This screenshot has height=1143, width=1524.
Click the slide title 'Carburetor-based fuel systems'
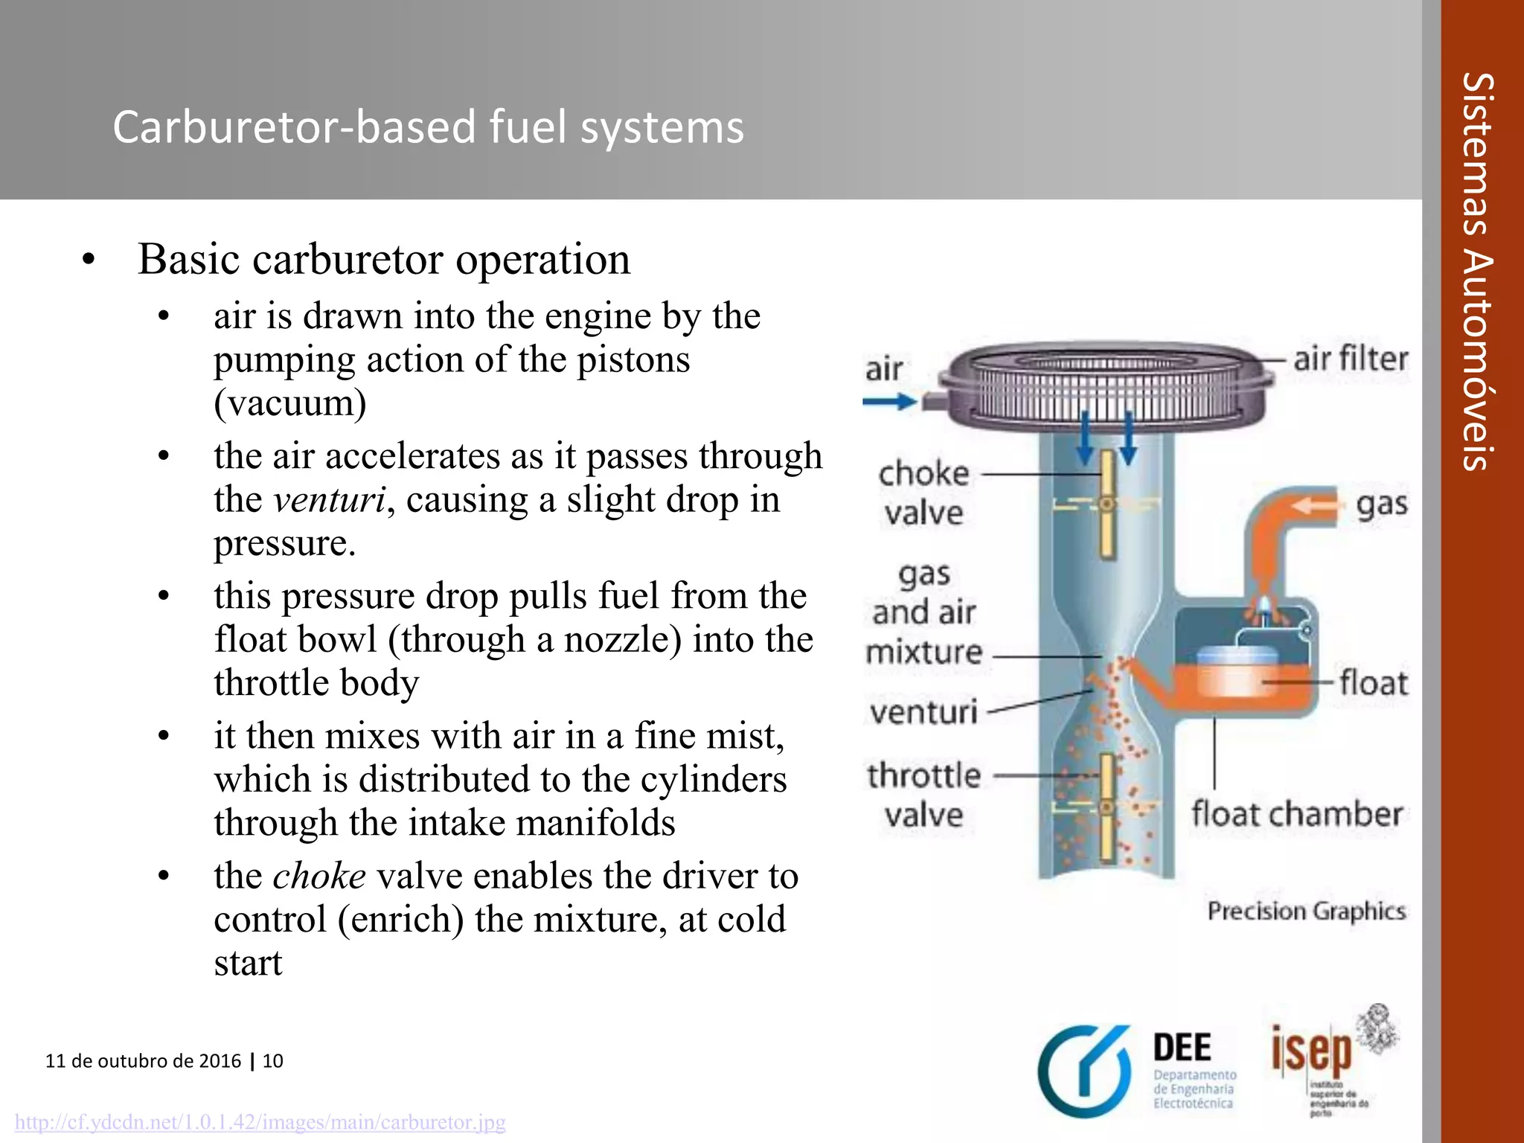pyautogui.click(x=428, y=127)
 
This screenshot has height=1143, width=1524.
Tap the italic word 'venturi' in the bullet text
pyautogui.click(x=329, y=499)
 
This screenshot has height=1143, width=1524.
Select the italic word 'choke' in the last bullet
pyautogui.click(x=319, y=876)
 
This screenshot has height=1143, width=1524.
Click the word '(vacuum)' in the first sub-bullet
pyautogui.click(x=289, y=403)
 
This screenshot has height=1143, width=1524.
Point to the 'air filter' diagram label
pyautogui.click(x=1351, y=359)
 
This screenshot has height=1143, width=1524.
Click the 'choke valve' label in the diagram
pyautogui.click(x=923, y=493)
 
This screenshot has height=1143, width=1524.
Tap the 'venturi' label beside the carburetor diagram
pyautogui.click(x=923, y=712)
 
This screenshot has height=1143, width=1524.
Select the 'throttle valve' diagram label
pyautogui.click(x=923, y=795)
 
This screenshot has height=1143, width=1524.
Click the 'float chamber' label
pyautogui.click(x=1296, y=814)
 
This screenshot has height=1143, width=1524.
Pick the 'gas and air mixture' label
pyautogui.click(x=923, y=612)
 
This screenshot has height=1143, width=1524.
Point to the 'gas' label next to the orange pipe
pyautogui.click(x=1382, y=505)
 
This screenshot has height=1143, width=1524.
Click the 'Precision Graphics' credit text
pyautogui.click(x=1306, y=911)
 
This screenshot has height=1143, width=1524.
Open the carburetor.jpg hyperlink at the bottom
pyautogui.click(x=260, y=1121)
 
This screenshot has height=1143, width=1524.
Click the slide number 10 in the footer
pyautogui.click(x=273, y=1060)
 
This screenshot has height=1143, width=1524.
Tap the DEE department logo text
pyautogui.click(x=1182, y=1048)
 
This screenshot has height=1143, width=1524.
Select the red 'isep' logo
pyautogui.click(x=1311, y=1051)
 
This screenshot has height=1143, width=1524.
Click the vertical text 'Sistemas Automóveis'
pyautogui.click(x=1478, y=272)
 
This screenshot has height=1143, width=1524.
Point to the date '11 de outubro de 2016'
pyautogui.click(x=143, y=1060)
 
